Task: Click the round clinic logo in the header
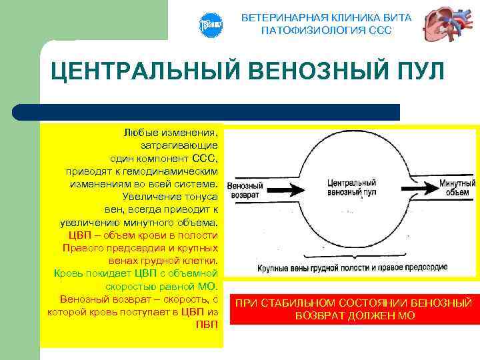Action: (x=210, y=25)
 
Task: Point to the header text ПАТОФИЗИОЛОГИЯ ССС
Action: (x=326, y=31)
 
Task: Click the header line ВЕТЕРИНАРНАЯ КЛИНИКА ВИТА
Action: (x=326, y=17)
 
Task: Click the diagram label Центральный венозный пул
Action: (x=352, y=187)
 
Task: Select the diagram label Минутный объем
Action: (x=459, y=187)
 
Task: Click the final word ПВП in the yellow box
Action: (x=207, y=324)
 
